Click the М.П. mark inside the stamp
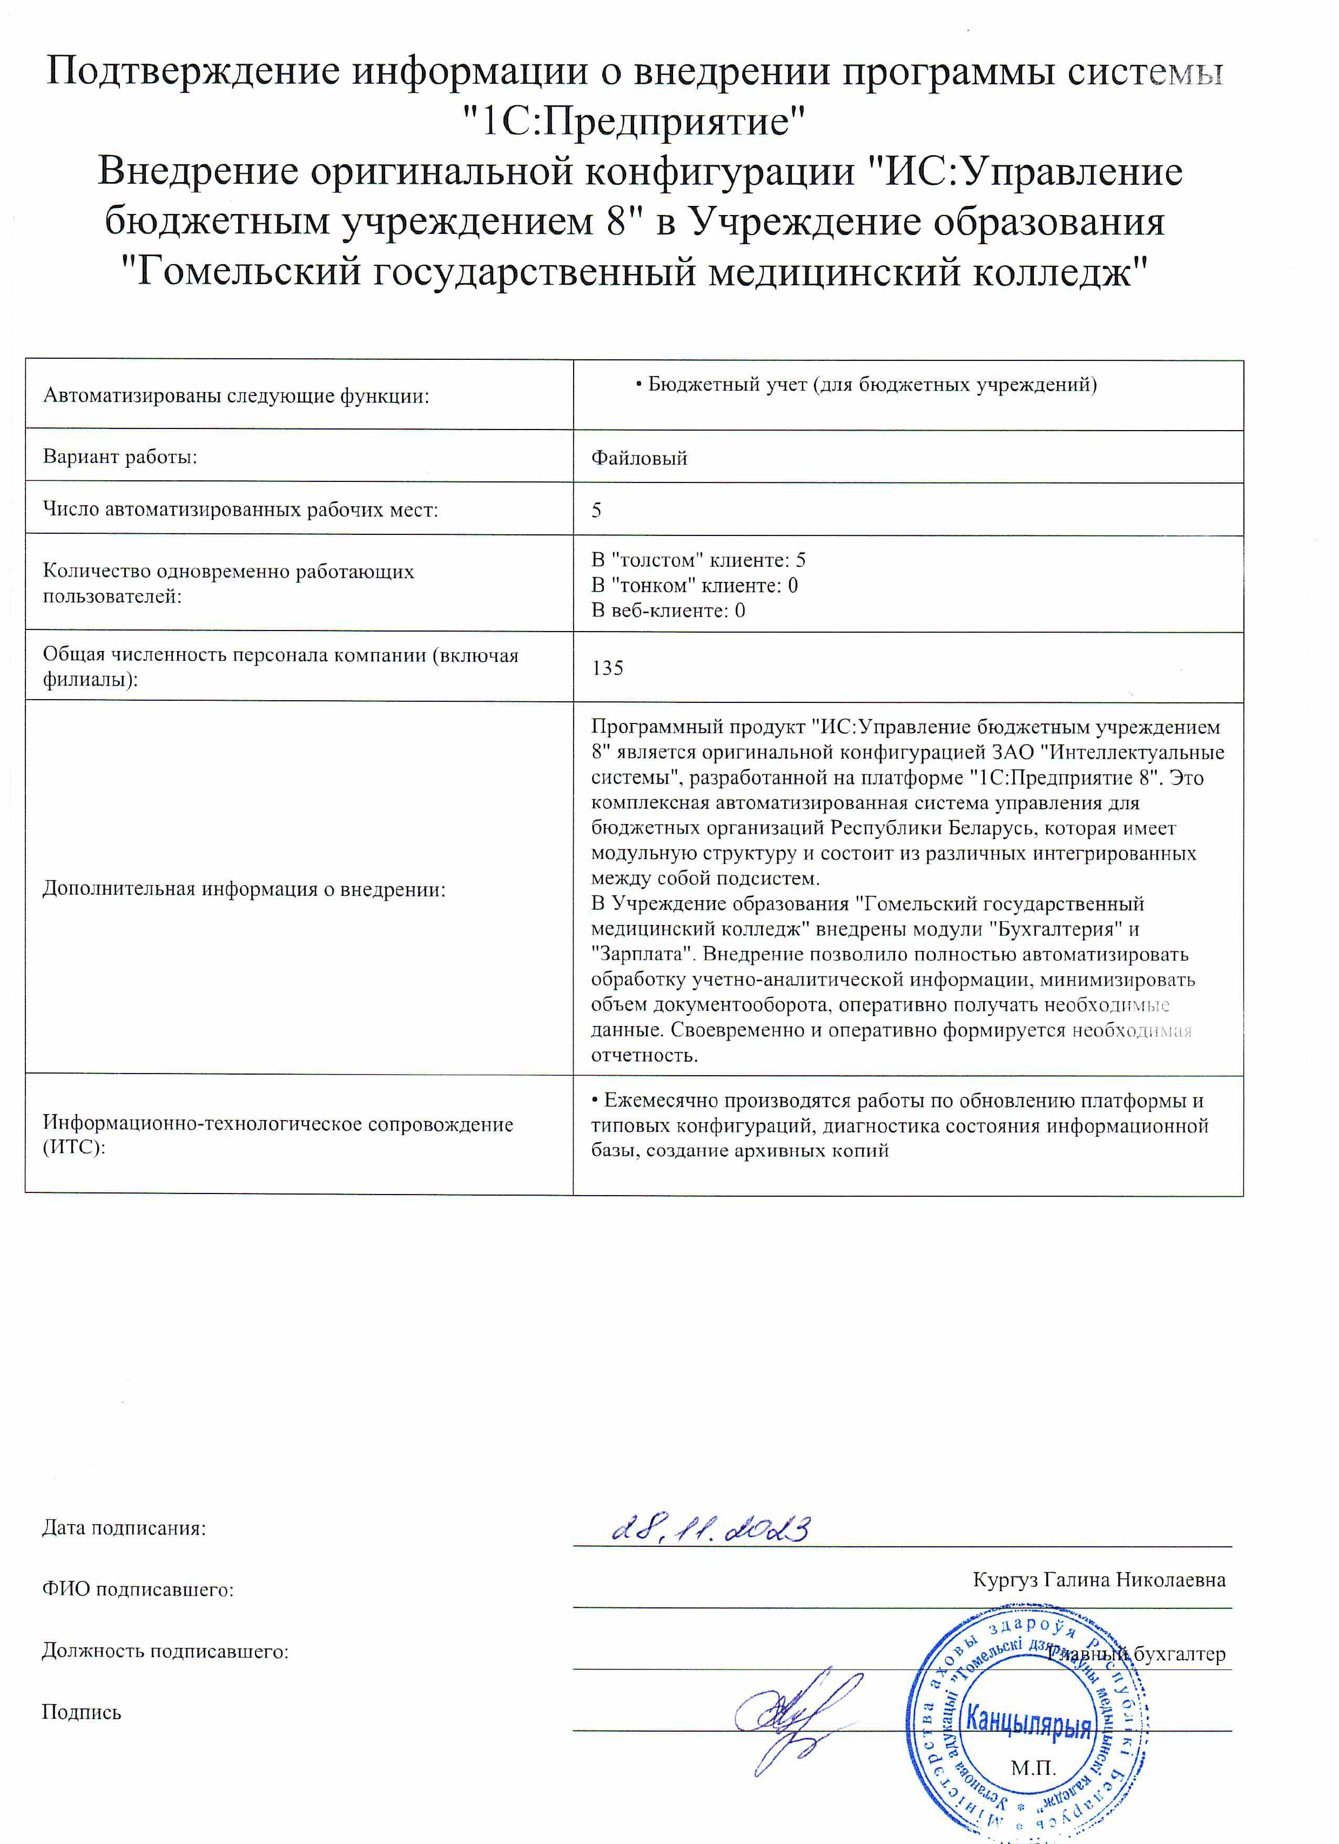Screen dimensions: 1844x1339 tap(1033, 1768)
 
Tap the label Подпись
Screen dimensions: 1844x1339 tap(82, 1712)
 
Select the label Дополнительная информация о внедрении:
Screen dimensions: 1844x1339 tap(244, 889)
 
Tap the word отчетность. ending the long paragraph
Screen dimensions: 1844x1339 tap(645, 1055)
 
